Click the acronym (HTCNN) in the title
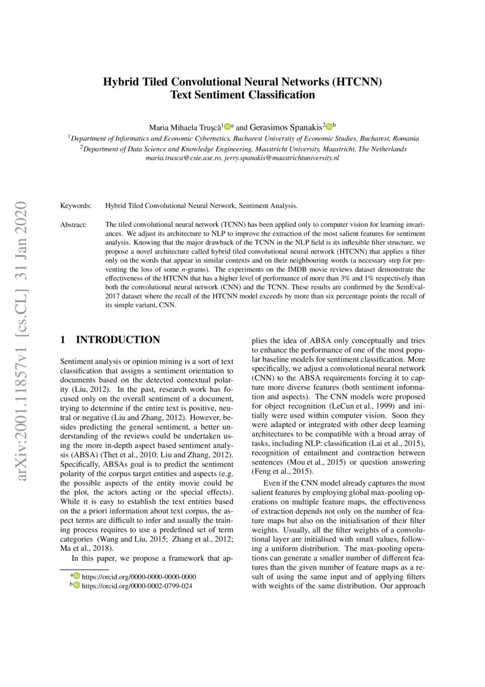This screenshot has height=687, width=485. (356, 82)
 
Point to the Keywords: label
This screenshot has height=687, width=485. (76, 206)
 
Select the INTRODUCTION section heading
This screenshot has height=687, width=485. (118, 340)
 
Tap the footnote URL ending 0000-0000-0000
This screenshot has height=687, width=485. (139, 577)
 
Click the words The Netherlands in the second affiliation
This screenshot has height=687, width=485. (382, 149)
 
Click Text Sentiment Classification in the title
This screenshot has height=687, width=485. (242, 95)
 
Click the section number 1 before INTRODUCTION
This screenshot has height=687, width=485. (63, 340)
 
